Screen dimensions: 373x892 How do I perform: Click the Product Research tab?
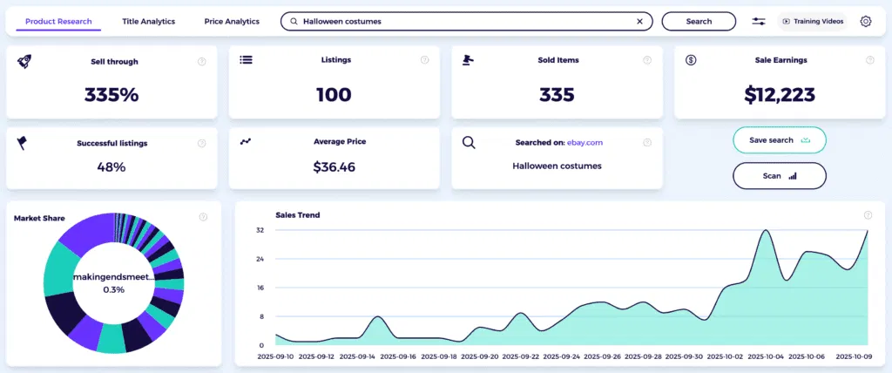(x=59, y=21)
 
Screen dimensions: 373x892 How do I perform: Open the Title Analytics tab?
(x=148, y=21)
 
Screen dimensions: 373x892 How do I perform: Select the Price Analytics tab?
(x=232, y=21)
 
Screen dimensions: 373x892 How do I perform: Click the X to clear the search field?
(x=639, y=21)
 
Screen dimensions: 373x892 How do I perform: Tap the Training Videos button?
(x=813, y=21)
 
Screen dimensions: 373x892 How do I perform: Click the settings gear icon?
(x=865, y=21)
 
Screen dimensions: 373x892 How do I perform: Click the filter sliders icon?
(x=759, y=21)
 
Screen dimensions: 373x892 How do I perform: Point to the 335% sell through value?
(x=111, y=95)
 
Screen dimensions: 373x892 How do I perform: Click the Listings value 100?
(x=334, y=95)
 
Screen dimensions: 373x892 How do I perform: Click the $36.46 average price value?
(x=334, y=166)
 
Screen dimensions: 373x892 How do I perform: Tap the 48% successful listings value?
(x=111, y=166)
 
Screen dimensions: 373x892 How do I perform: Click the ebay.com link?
(x=585, y=142)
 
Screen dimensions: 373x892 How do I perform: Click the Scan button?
(x=779, y=175)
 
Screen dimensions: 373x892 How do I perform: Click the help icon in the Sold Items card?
(x=647, y=60)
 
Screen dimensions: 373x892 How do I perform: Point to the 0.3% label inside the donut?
(x=113, y=289)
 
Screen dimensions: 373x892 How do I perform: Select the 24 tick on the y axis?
(x=260, y=259)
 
